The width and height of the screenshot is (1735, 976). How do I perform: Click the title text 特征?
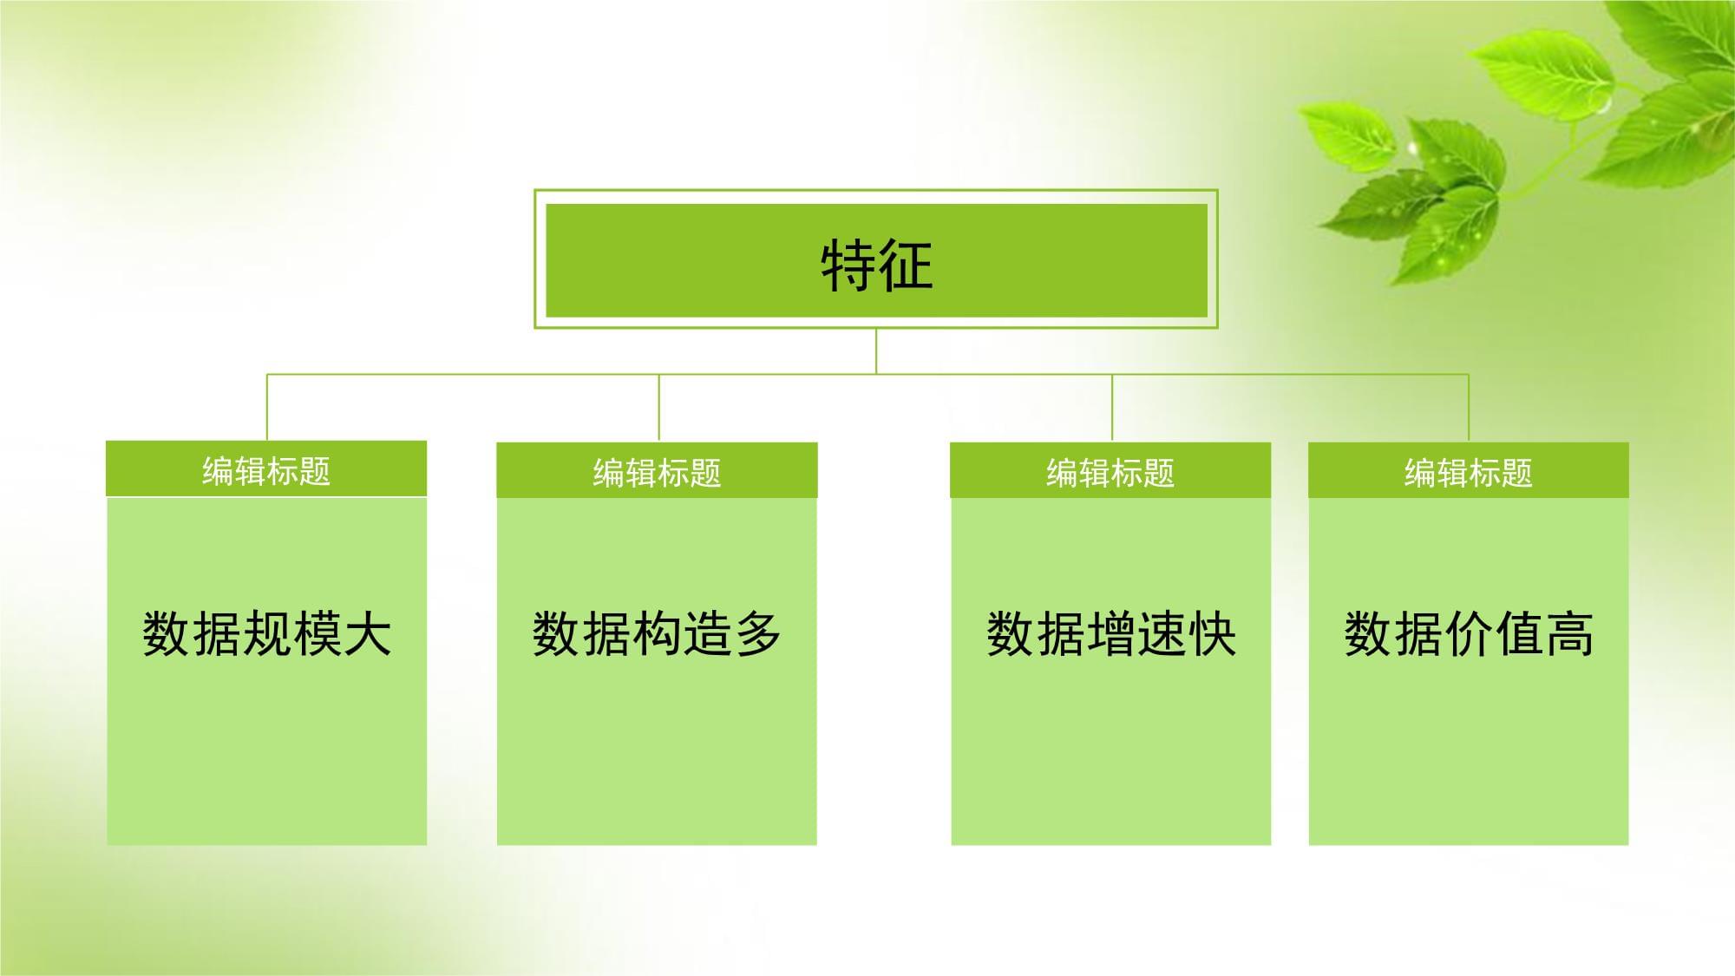(876, 264)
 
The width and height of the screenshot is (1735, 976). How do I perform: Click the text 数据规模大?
(266, 633)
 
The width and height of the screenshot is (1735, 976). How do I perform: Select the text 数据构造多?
(657, 633)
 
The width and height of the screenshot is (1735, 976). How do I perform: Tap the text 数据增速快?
(1110, 633)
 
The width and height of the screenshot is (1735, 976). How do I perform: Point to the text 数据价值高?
(1469, 633)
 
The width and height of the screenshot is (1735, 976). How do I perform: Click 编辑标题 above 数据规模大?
(266, 471)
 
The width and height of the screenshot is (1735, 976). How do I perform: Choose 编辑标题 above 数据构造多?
(657, 473)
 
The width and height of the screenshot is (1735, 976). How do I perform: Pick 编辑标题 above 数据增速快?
(1110, 473)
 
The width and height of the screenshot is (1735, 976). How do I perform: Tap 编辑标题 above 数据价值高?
(1469, 473)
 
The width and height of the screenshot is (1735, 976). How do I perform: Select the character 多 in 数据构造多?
(757, 633)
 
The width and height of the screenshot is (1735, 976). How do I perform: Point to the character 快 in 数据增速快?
(1211, 633)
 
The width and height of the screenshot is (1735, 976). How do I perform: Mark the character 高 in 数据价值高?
(1569, 633)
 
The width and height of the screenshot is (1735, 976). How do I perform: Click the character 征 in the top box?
(906, 264)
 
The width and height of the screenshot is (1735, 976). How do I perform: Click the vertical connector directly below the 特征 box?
(876, 351)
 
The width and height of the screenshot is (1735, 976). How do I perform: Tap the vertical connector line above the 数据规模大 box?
(267, 408)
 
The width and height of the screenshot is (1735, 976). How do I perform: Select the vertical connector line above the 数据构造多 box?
(659, 408)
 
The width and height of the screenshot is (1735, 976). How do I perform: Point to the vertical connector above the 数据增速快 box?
(1112, 408)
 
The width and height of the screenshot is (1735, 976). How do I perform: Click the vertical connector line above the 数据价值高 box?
(1469, 408)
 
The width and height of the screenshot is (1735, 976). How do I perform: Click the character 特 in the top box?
(848, 264)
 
